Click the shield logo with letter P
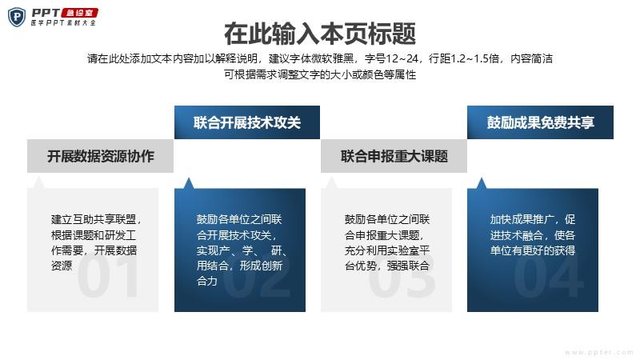17,17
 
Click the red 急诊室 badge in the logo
79,13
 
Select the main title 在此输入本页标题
320,34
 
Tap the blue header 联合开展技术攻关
247,122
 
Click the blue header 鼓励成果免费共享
540,122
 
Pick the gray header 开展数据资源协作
101,156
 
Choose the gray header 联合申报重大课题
394,156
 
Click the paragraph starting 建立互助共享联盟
96,242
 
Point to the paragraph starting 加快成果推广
533,234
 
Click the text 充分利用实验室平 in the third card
387,250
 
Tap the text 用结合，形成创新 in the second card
239,266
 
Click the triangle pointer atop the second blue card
188,183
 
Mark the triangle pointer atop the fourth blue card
482,183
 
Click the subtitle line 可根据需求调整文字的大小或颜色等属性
320,74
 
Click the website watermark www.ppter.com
599,352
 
